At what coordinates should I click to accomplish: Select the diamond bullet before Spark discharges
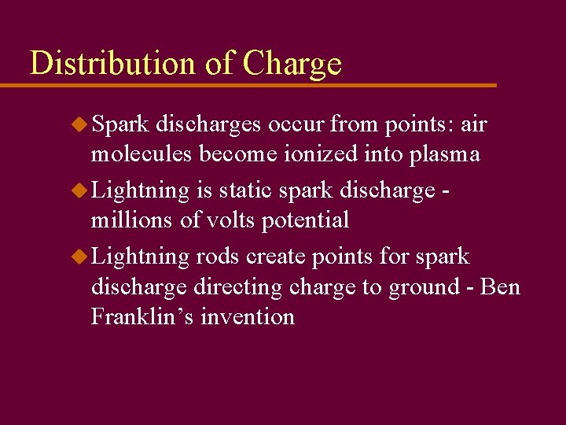79,124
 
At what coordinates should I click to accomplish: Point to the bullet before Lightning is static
79,190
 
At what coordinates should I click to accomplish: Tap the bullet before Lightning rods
79,256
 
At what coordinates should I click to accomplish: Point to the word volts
228,220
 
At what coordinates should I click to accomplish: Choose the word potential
305,221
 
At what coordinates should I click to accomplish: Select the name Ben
500,287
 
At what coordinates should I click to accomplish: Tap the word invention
248,317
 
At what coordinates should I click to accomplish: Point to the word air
474,124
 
